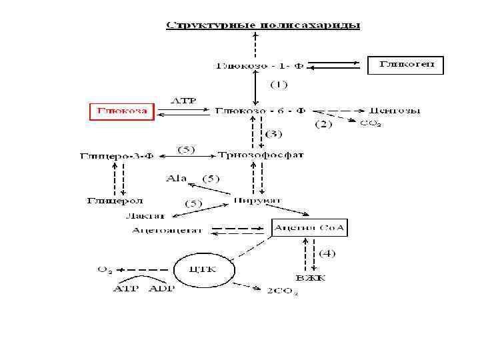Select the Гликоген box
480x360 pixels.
(x=405, y=65)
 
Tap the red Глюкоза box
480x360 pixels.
(x=122, y=111)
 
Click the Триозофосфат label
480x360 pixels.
(x=261, y=155)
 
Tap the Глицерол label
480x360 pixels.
(x=115, y=200)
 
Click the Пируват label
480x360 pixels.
(x=257, y=200)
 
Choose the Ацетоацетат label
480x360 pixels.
(x=161, y=231)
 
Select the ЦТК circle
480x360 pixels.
(x=204, y=270)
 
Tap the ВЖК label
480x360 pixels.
(x=311, y=277)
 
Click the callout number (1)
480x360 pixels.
(x=278, y=85)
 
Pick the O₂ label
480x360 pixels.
(x=105, y=269)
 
